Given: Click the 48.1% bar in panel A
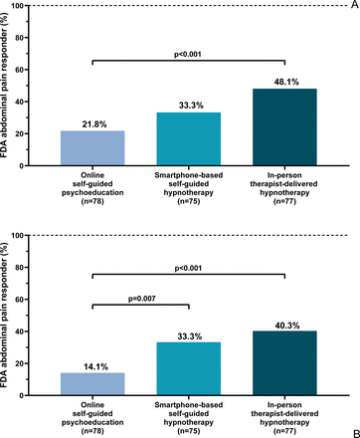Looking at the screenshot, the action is (x=284, y=127).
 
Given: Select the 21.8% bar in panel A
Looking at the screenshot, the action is (x=92, y=148).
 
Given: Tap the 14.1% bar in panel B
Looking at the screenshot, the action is (x=92, y=384).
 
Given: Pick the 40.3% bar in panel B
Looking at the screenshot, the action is (x=284, y=363).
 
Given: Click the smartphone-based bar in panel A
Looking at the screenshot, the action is (x=189, y=139).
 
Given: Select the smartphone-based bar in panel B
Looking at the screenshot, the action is (x=189, y=368).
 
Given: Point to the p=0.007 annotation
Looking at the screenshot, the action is (x=142, y=299).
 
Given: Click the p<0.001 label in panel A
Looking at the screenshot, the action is (x=188, y=54).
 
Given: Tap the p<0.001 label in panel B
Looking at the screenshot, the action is (x=188, y=268).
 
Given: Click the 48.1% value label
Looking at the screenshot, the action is (x=286, y=82).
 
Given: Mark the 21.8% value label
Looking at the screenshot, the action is (x=94, y=124).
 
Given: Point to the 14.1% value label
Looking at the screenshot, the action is (x=95, y=366).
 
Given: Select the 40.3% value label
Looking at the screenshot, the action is (x=287, y=326).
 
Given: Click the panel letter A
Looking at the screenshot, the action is (x=354, y=5).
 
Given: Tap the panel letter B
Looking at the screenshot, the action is (x=356, y=434).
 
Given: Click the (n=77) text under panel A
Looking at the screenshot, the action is (x=284, y=201).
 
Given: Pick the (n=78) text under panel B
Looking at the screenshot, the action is (x=92, y=431).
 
